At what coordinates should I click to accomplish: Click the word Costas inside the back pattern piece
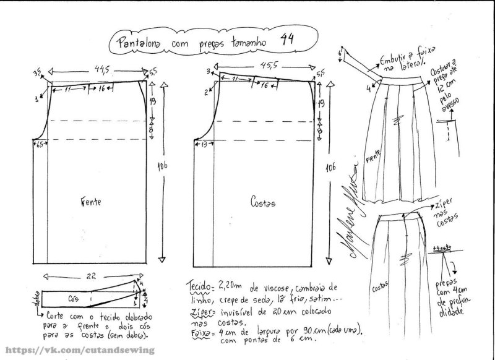coord(262,202)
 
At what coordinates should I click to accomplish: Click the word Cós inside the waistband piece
coord(73,296)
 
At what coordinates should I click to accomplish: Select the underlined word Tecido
coord(199,288)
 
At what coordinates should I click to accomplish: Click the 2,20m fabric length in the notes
coord(229,287)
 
